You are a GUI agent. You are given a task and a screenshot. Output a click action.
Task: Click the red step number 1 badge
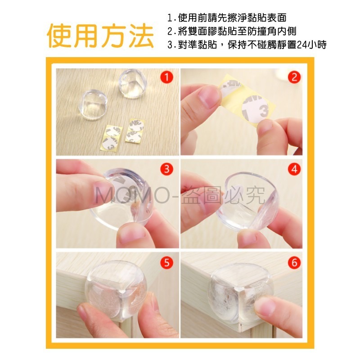coord(167,77)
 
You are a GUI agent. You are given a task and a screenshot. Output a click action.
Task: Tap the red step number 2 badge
coord(294,77)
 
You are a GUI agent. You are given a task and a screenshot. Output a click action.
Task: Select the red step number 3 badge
coord(167,169)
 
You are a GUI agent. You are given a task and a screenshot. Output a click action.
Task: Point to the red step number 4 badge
coord(294,169)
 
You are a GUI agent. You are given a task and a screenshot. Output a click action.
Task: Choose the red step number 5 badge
coord(167,262)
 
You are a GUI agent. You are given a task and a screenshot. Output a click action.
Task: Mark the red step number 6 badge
coord(294,262)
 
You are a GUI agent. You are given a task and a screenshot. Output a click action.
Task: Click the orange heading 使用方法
coord(100,36)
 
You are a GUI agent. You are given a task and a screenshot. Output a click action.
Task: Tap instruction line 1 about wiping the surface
coord(227,18)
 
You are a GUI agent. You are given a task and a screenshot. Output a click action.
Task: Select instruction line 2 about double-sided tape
coord(232,31)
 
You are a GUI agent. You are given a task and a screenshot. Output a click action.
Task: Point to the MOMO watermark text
coord(180,196)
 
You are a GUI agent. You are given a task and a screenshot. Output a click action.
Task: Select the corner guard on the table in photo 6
coord(242,293)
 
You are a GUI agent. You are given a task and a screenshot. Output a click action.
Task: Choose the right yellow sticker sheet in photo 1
coord(135,130)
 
